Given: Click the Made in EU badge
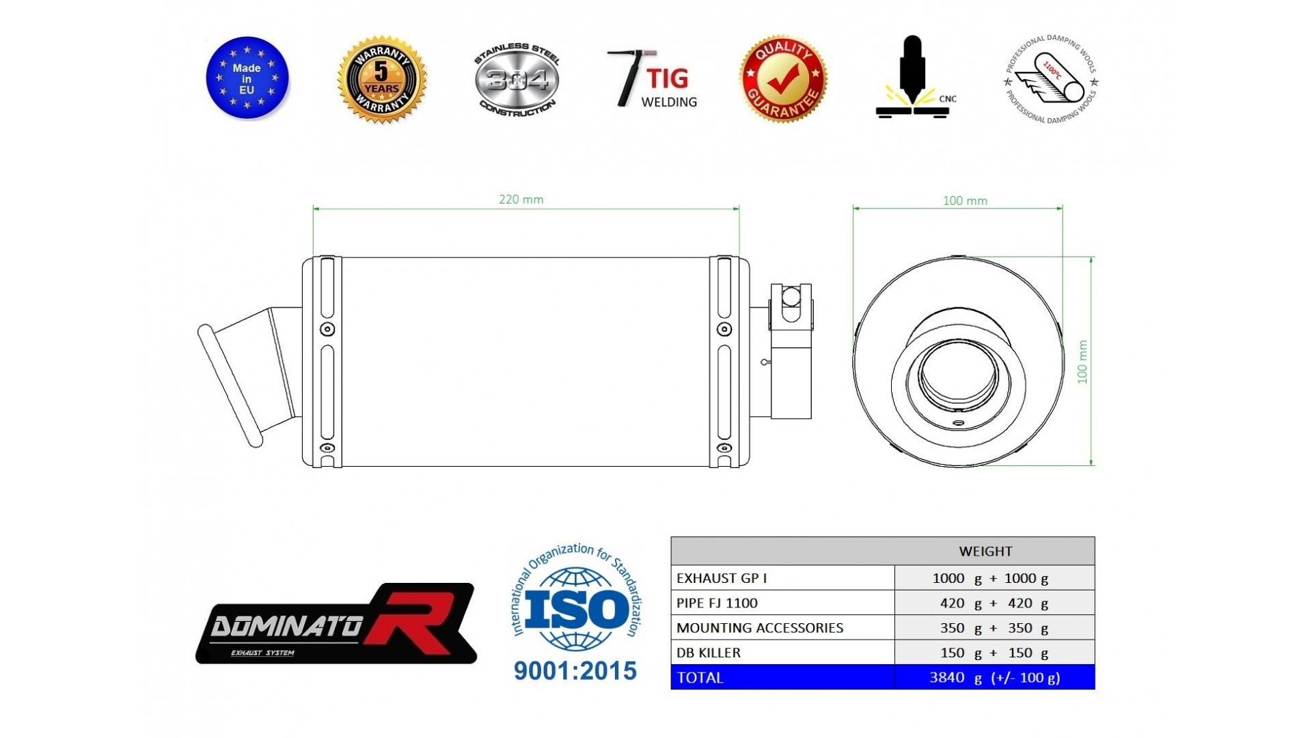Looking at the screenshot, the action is (247, 78).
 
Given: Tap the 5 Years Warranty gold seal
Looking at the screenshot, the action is (381, 80).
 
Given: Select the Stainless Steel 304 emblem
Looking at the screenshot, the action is (517, 80).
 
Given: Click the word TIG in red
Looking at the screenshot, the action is (668, 78).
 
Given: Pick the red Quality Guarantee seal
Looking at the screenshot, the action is (783, 79).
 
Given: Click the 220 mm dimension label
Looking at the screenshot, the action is (521, 200).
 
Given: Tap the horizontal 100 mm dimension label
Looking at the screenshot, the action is (965, 201).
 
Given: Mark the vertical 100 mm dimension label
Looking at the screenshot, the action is (1082, 362).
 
